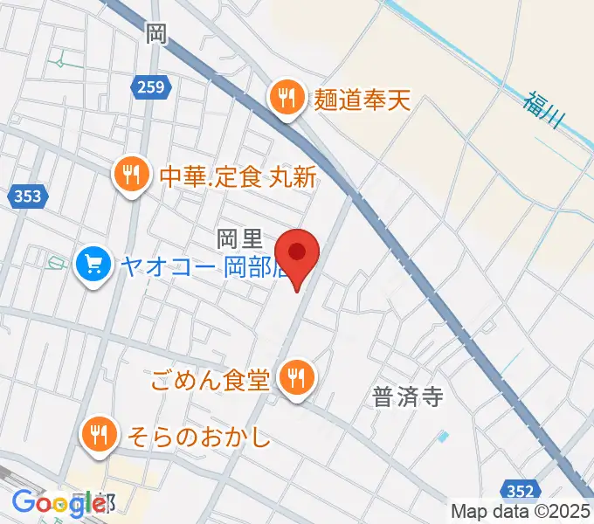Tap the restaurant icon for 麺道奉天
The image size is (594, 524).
pos(286,95)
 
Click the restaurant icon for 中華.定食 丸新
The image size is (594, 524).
pos(130,175)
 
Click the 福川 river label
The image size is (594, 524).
pos(542,111)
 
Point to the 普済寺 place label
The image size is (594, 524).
pos(407,397)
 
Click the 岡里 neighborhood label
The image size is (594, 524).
pos(235,237)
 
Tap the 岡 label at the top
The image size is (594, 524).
pos(156,34)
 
